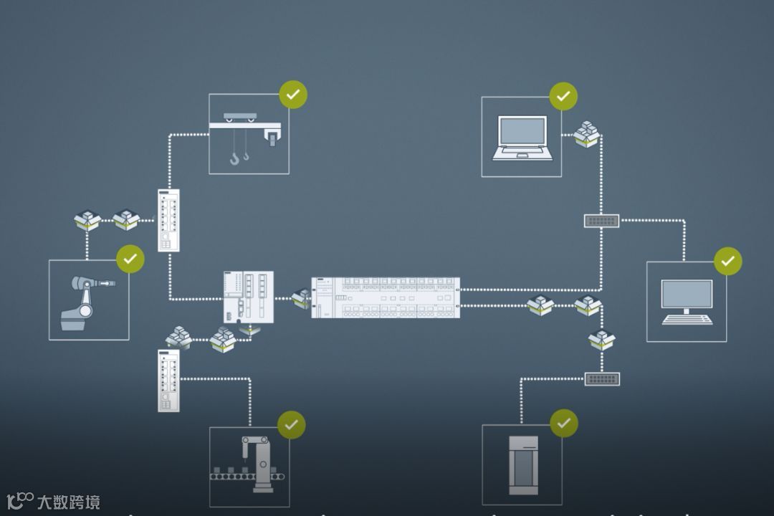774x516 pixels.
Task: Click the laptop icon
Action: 522,137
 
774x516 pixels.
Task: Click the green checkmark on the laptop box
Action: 563,96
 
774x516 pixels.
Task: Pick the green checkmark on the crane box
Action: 293,95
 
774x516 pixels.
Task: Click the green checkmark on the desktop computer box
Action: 728,262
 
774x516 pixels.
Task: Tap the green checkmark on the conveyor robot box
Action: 291,425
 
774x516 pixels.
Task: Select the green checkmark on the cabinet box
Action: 564,424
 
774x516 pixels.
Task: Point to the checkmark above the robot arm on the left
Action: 130,259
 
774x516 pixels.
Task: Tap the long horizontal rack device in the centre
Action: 386,297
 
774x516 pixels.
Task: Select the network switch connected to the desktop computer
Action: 601,221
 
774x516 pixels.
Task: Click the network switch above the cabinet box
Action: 601,378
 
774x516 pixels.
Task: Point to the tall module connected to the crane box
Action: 168,220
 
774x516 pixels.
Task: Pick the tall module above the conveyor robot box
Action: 168,381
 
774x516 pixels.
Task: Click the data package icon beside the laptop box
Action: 586,134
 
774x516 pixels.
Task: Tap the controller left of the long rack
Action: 248,296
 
